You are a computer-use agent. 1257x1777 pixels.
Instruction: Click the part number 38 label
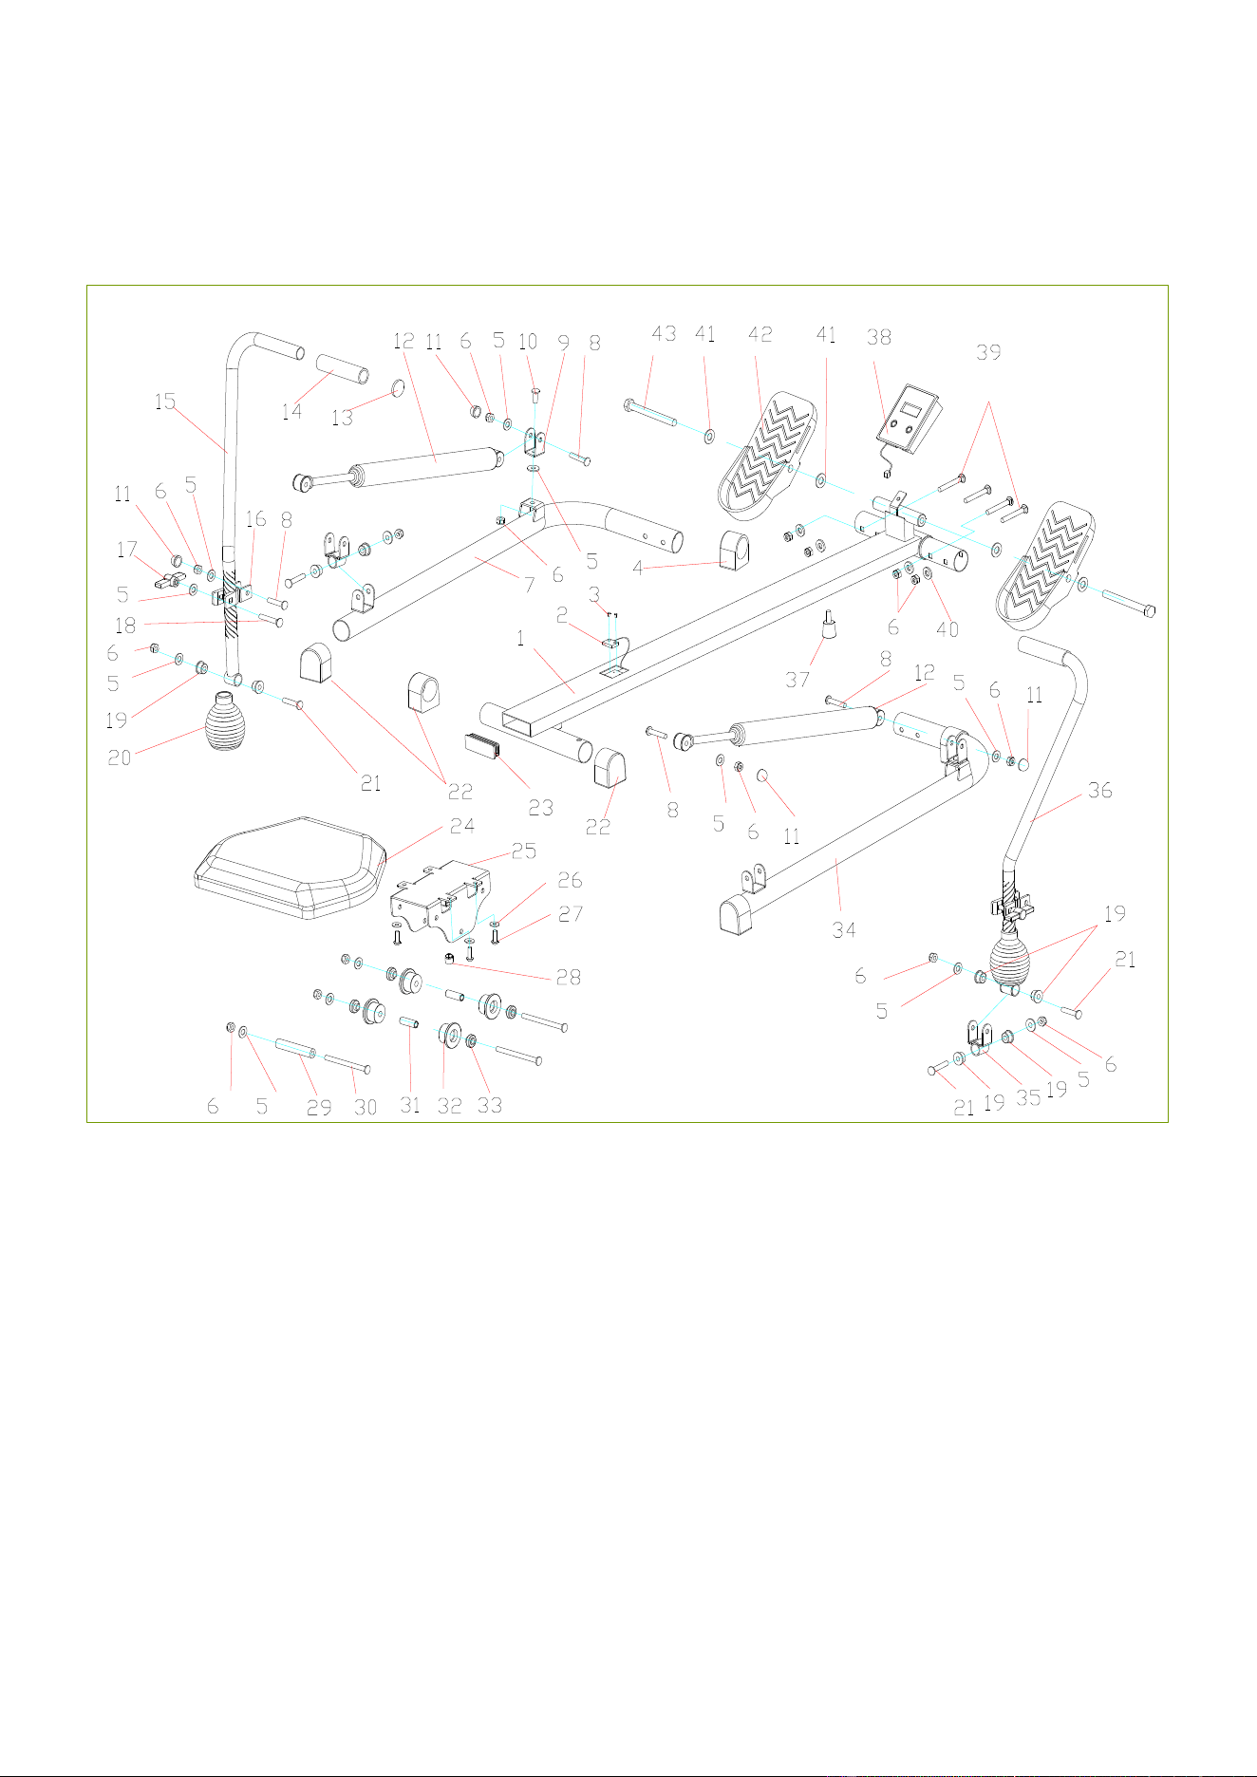point(879,337)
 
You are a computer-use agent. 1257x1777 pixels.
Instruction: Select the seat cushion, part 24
point(290,868)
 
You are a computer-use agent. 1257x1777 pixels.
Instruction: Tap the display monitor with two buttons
point(909,419)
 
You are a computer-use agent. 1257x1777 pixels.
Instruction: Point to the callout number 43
point(664,333)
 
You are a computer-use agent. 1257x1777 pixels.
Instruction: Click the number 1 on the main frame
point(520,639)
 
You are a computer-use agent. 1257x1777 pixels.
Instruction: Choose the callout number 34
point(844,929)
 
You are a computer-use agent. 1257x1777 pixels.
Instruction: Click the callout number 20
point(120,758)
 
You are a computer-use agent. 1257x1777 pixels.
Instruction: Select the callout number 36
point(1099,790)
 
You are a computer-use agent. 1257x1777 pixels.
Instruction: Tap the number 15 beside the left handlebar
point(165,401)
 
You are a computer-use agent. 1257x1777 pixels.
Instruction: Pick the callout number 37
point(797,681)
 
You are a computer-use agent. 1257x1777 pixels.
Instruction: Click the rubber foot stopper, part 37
point(830,627)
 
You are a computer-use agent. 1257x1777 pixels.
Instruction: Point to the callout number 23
point(540,808)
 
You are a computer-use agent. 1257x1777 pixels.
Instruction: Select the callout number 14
point(291,411)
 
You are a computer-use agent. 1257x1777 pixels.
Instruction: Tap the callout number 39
point(989,352)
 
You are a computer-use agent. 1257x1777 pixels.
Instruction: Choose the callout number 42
point(760,334)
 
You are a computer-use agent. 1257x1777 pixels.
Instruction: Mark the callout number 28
point(568,977)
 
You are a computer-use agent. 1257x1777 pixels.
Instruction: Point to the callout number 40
point(947,628)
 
